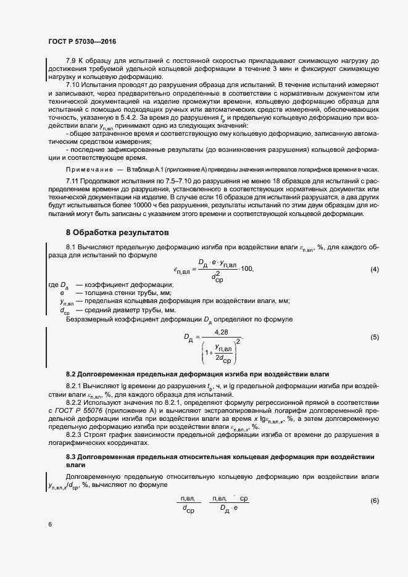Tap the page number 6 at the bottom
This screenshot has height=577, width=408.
click(x=50, y=524)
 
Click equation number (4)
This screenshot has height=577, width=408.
click(x=374, y=270)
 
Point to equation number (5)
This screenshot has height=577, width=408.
click(x=374, y=337)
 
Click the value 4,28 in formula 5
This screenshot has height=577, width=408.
click(x=220, y=332)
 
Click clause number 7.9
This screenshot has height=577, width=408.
click(x=72, y=60)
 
